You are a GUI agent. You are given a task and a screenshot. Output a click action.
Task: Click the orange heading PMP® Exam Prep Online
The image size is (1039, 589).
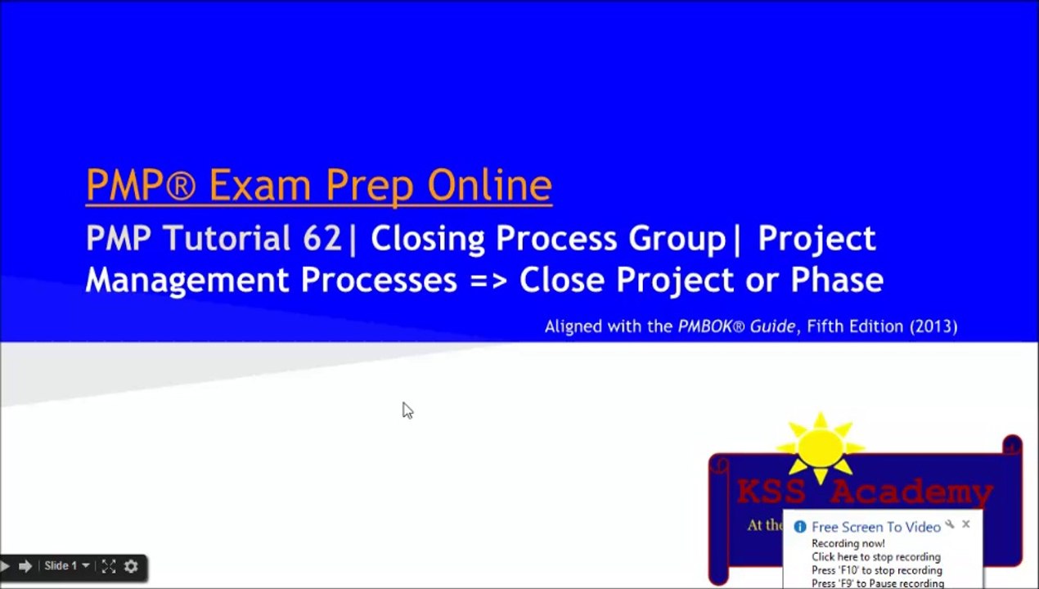318,186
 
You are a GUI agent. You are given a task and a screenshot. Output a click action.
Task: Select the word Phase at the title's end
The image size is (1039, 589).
836,280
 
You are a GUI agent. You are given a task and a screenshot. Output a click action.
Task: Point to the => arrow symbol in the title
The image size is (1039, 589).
488,281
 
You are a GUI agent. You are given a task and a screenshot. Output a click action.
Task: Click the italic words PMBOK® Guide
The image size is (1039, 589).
735,326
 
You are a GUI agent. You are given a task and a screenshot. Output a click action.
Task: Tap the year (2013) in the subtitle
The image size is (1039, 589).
933,326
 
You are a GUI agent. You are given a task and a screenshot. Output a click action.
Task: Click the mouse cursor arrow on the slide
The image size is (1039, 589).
407,410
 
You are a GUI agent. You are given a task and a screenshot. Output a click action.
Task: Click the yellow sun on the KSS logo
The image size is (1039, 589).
821,448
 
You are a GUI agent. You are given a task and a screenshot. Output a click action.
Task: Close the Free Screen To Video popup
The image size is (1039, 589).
966,524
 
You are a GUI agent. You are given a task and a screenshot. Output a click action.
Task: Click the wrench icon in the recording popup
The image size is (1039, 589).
950,524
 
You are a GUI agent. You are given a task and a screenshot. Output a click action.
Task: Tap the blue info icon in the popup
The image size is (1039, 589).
800,527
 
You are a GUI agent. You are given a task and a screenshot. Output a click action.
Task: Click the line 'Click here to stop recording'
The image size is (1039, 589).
875,557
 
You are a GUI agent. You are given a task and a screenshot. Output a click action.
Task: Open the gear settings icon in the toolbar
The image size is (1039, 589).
131,566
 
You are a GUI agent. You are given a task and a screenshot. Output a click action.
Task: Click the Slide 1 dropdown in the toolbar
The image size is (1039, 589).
66,566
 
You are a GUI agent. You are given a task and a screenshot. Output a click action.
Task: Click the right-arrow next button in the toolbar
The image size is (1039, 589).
25,566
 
